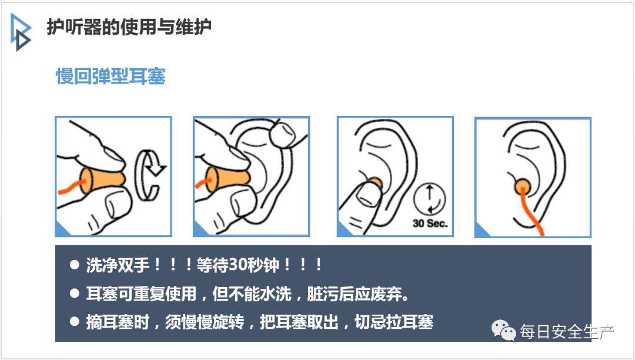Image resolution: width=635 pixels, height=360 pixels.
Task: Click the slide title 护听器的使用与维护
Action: pos(129,26)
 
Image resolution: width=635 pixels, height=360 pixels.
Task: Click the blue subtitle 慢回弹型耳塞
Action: pos(111,76)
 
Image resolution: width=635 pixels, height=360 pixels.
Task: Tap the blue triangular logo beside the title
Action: pos(20,32)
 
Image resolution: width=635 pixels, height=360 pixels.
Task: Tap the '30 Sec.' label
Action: pos(430,223)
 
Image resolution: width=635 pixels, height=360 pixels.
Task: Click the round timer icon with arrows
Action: pos(430,199)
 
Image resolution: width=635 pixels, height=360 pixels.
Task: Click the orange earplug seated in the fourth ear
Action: pos(523,186)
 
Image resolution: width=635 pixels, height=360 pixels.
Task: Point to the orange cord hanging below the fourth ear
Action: pos(532,212)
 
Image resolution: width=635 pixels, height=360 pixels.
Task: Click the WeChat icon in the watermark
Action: pos(503,330)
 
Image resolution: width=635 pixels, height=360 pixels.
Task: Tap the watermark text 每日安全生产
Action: pos(567,332)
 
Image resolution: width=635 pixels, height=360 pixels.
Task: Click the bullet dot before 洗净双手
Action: pos(75,265)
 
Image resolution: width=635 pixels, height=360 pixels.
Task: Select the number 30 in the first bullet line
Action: pos(238,265)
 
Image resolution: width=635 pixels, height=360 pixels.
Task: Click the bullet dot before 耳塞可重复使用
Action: pos(75,293)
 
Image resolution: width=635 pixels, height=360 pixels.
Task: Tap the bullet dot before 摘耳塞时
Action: pos(75,322)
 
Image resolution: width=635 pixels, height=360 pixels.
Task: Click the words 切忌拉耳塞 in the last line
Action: pos(394,322)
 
